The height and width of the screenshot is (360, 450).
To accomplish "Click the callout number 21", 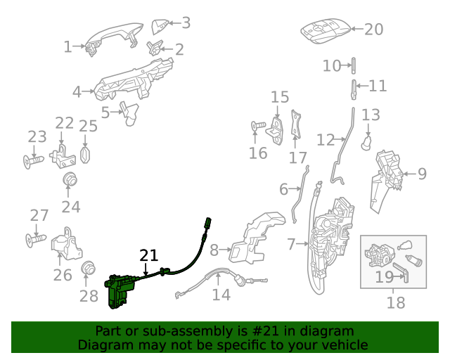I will click(149, 255).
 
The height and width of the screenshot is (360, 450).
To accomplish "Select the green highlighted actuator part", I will click(120, 290).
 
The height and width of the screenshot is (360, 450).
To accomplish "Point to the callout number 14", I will click(221, 295).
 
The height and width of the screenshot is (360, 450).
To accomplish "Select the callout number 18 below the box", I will click(396, 303).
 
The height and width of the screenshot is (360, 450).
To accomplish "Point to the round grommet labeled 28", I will click(89, 268).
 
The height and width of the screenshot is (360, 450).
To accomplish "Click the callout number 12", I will click(325, 140).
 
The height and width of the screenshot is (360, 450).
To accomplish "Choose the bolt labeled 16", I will click(257, 127).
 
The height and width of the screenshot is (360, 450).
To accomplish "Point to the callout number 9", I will click(422, 173).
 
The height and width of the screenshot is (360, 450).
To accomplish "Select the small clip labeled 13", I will click(366, 143).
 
